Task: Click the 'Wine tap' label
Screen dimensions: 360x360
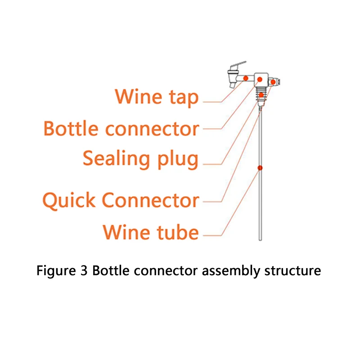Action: click(x=156, y=97)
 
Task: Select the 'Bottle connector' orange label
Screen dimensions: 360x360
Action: click(x=121, y=129)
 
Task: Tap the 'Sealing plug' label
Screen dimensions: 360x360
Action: click(x=140, y=159)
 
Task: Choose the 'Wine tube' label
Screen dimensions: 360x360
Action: click(x=151, y=232)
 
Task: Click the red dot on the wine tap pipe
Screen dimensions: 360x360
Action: click(x=245, y=78)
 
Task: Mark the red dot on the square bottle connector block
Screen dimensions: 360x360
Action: click(x=260, y=80)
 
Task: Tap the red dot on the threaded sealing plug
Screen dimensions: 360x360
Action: click(x=261, y=94)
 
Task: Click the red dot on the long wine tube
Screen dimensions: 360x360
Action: click(x=260, y=168)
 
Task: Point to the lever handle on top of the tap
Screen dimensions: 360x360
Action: click(x=238, y=65)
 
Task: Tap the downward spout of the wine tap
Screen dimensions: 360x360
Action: click(x=233, y=84)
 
